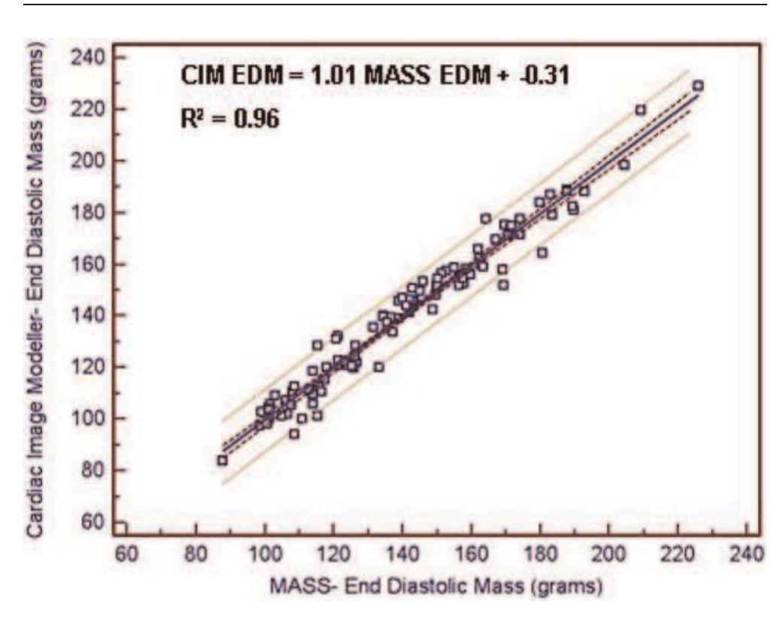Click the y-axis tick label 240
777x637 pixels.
point(97,58)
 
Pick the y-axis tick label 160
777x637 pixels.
point(97,265)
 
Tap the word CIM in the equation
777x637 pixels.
point(203,77)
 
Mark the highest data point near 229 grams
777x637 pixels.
point(698,86)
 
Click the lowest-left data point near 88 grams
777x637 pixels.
point(222,460)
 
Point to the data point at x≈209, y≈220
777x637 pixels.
point(641,110)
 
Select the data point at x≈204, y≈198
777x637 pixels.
point(624,165)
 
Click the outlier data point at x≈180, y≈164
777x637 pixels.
point(542,253)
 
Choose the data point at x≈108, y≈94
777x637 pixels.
point(294,434)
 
